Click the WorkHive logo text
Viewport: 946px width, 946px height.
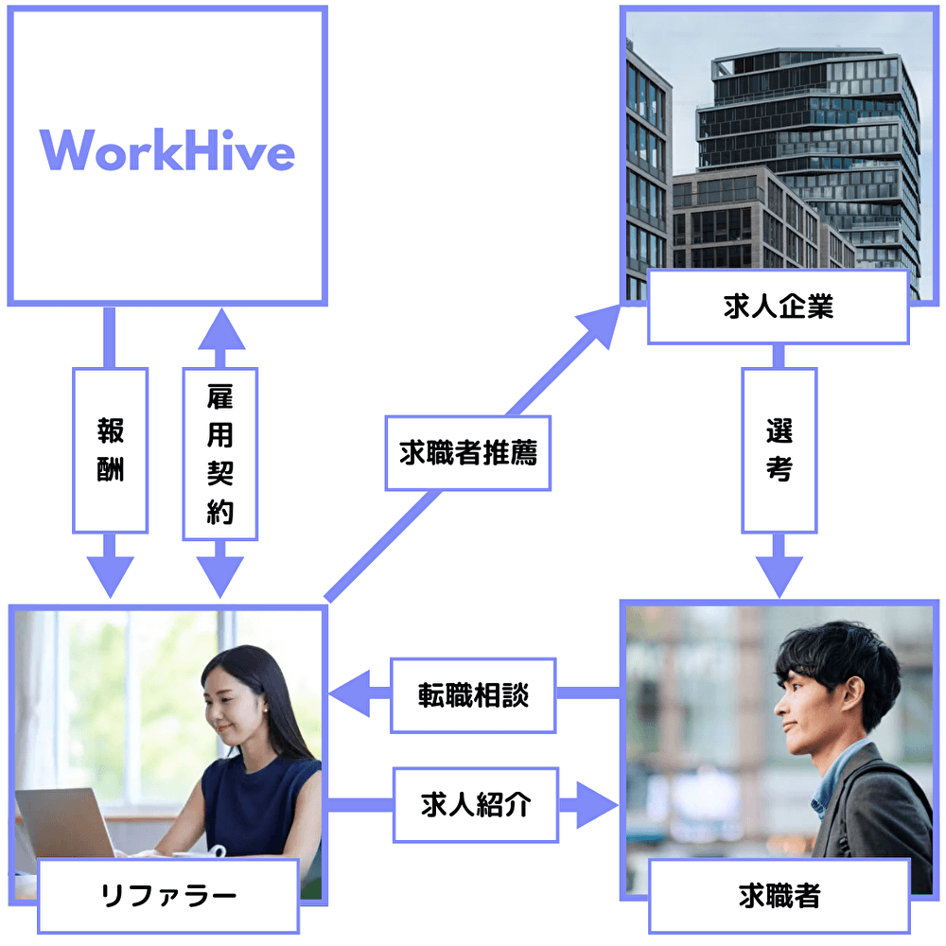167,151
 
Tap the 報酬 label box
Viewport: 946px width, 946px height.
110,450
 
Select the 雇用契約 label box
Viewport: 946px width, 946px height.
219,454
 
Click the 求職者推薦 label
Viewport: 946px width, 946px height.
467,453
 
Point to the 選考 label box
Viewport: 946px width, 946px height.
779,450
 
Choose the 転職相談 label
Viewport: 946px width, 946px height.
473,695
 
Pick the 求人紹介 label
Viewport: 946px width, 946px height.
476,805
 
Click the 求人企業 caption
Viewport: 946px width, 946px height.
778,307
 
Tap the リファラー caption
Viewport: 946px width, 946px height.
168,894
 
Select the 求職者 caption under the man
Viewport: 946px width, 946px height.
779,894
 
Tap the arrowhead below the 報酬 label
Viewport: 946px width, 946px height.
110,575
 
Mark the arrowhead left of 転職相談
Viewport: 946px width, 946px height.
352,697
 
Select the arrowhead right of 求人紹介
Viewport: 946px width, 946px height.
596,806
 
